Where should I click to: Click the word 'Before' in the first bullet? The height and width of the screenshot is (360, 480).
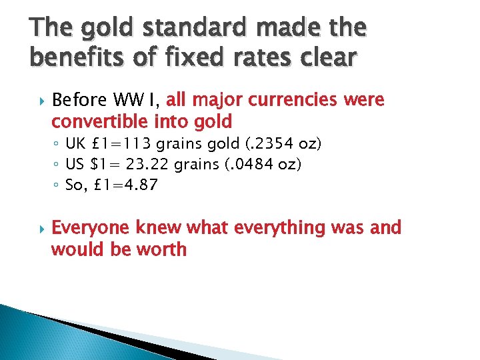pyautogui.click(x=76, y=101)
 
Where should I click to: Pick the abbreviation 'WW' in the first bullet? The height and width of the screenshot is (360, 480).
pyautogui.click(x=125, y=101)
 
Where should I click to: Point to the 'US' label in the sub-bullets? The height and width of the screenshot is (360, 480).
pyautogui.click(x=75, y=165)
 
